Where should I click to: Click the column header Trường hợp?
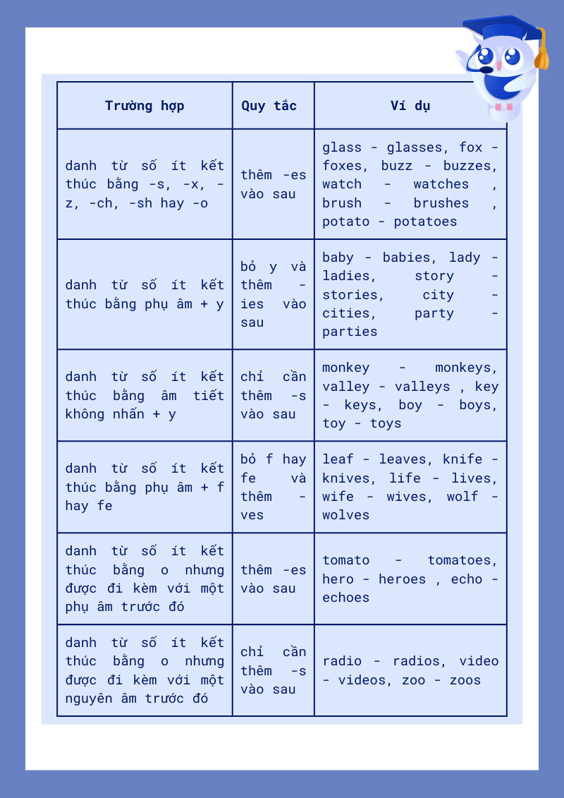coord(145,106)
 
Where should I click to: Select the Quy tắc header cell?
coord(269,106)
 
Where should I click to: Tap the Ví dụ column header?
coord(410,106)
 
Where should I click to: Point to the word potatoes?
coord(425,222)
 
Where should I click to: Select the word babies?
coord(410,258)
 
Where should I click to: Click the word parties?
coord(350,332)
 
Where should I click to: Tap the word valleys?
coord(422,387)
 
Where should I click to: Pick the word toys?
coord(386,423)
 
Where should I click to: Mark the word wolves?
coord(346,515)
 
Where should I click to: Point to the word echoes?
coord(346,598)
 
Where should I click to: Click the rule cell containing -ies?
coord(274,294)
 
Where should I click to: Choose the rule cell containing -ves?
coord(274,487)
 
